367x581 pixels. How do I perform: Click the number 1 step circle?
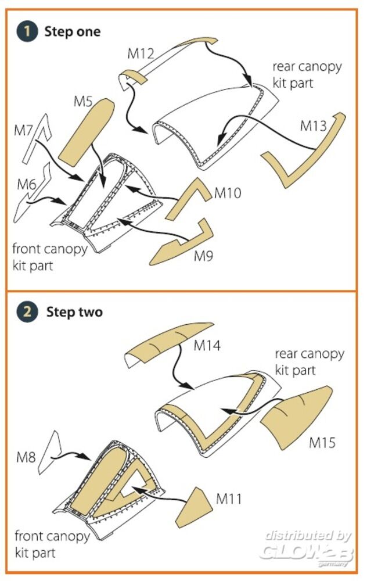coord(27,31)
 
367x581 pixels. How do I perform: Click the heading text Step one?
coord(72,31)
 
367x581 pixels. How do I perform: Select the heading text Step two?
coord(74,312)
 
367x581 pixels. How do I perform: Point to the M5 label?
coord(83,101)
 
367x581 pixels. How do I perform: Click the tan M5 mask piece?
coord(87,131)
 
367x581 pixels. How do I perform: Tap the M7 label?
coord(23,130)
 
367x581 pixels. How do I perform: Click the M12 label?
coord(141,55)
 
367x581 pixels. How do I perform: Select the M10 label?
coord(228,192)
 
